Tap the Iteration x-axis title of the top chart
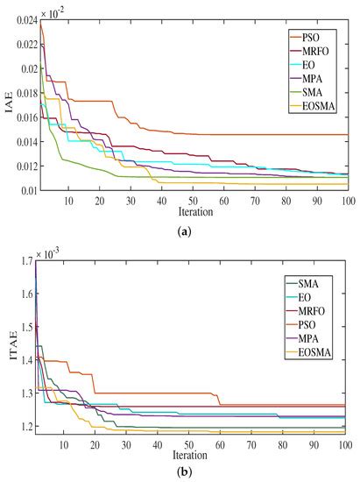[194, 211]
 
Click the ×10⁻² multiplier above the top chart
[53, 10]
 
